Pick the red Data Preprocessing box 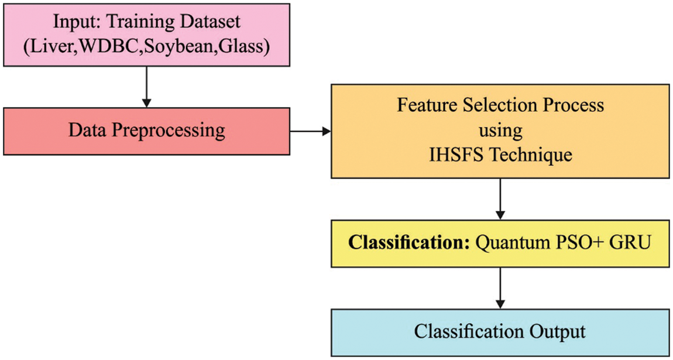(x=146, y=131)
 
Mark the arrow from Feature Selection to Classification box (x=500, y=198)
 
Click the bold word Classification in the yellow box (x=409, y=242)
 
